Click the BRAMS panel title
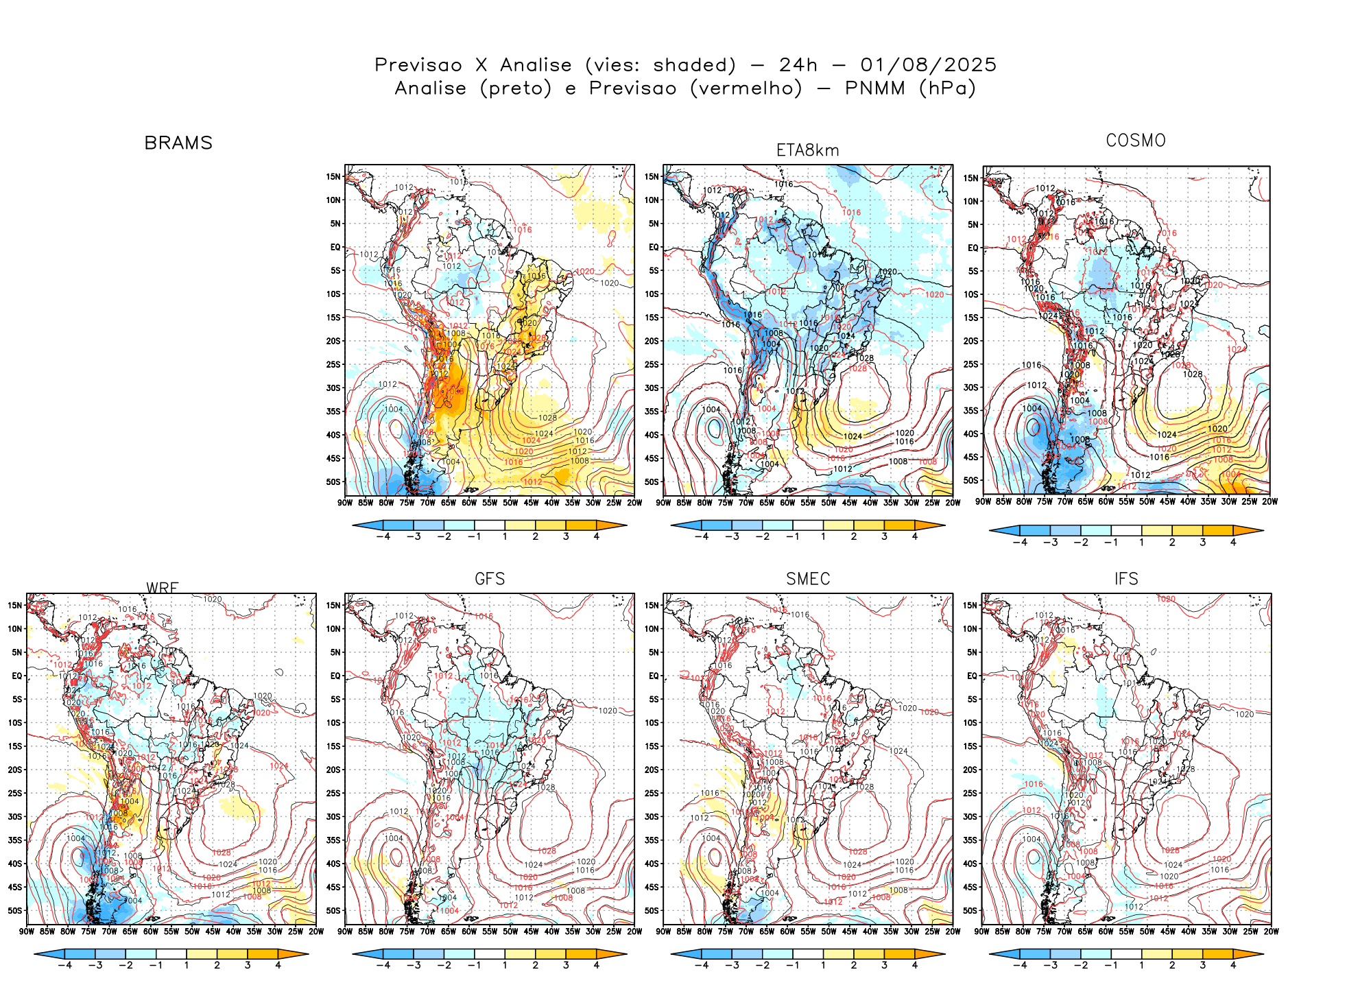point(178,143)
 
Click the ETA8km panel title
point(807,150)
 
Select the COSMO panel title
point(1135,141)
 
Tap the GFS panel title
point(490,579)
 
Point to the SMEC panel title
point(807,579)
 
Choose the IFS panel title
point(1125,579)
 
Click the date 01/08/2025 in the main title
point(928,65)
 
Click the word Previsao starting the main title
point(418,65)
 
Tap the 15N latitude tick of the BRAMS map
point(333,177)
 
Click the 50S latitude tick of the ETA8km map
point(652,482)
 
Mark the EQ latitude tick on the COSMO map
point(973,248)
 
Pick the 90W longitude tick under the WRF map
point(27,931)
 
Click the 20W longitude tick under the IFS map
point(1271,931)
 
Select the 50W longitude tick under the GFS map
point(510,931)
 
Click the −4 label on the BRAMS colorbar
point(383,536)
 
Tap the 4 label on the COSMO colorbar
point(1233,542)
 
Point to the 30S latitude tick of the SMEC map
point(652,817)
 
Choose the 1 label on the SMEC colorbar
point(823,965)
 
